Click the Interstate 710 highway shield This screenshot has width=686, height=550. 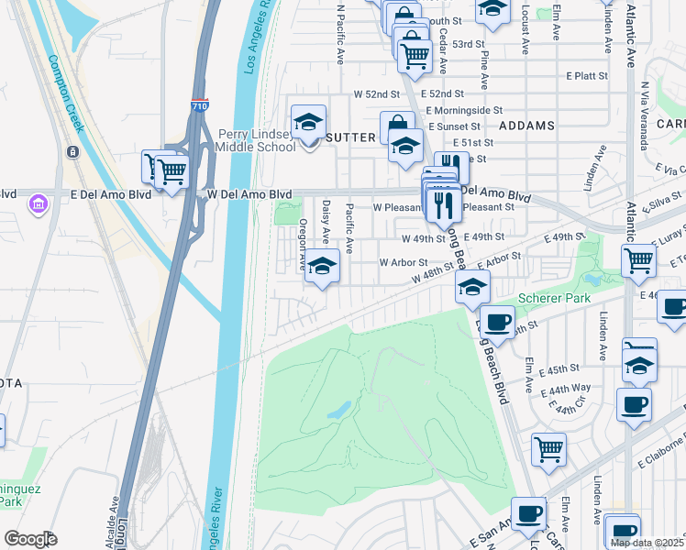199,107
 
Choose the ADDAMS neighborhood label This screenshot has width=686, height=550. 527,125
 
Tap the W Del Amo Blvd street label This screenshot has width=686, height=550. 249,194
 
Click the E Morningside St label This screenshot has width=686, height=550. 470,110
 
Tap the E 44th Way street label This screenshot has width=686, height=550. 566,390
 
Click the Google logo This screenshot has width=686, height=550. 30,539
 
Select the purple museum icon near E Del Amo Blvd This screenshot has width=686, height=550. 38,201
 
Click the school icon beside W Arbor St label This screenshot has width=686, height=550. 321,266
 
